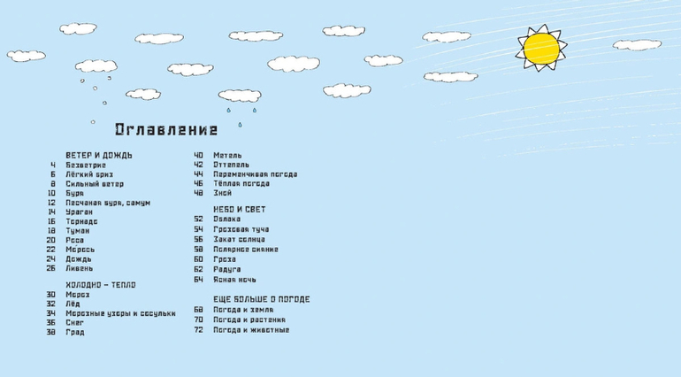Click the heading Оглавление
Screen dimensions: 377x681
pyautogui.click(x=166, y=130)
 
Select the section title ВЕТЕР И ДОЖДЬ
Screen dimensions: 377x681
pyautogui.click(x=99, y=155)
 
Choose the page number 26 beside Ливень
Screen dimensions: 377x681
pyautogui.click(x=51, y=268)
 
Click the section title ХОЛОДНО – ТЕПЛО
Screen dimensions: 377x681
pyautogui.click(x=100, y=285)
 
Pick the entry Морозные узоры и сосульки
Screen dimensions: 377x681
pyautogui.click(x=120, y=313)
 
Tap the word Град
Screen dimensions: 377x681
pyautogui.click(x=75, y=333)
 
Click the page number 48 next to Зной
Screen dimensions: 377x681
pyautogui.click(x=198, y=193)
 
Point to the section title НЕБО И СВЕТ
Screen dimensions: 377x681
pyautogui.click(x=239, y=210)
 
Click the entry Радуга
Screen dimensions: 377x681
pyautogui.click(x=227, y=269)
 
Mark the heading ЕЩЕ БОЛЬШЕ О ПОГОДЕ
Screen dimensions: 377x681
pyautogui.click(x=261, y=299)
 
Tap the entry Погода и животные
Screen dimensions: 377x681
pyautogui.click(x=251, y=330)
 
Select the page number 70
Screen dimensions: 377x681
pyautogui.click(x=198, y=319)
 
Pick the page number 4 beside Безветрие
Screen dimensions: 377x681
pyautogui.click(x=53, y=165)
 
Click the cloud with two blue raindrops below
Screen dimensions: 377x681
pyautogui.click(x=241, y=95)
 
